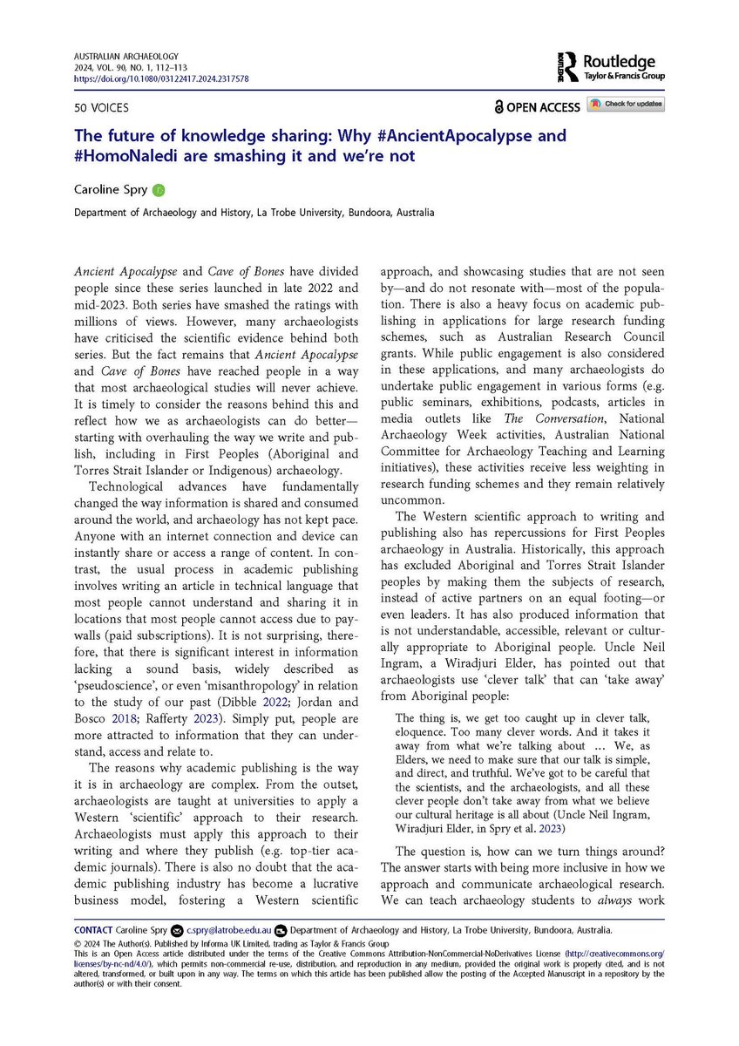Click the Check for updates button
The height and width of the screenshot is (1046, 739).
click(x=625, y=105)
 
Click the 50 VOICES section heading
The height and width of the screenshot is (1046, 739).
click(x=101, y=107)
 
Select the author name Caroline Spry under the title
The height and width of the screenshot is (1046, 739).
click(x=112, y=189)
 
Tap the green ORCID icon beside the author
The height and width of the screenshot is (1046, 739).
click(x=158, y=189)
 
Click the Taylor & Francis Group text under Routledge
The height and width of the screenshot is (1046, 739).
click(x=624, y=77)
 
